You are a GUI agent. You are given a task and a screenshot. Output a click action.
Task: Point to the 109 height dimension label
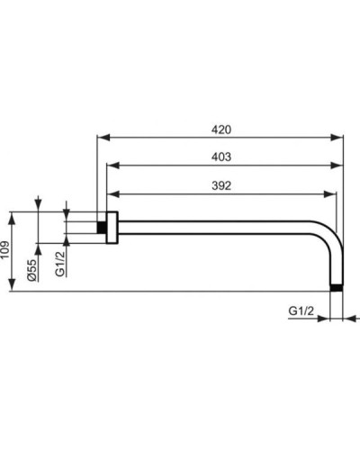click(x=6, y=249)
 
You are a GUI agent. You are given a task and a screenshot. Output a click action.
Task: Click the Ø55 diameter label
click(x=31, y=269)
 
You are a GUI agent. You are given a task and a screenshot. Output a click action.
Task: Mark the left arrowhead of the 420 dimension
click(x=100, y=138)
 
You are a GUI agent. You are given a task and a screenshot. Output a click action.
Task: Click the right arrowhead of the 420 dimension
click(x=341, y=138)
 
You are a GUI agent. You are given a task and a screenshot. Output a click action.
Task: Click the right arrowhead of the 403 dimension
click(x=341, y=166)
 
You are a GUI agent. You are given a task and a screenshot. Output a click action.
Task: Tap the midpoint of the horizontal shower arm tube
click(x=220, y=224)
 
